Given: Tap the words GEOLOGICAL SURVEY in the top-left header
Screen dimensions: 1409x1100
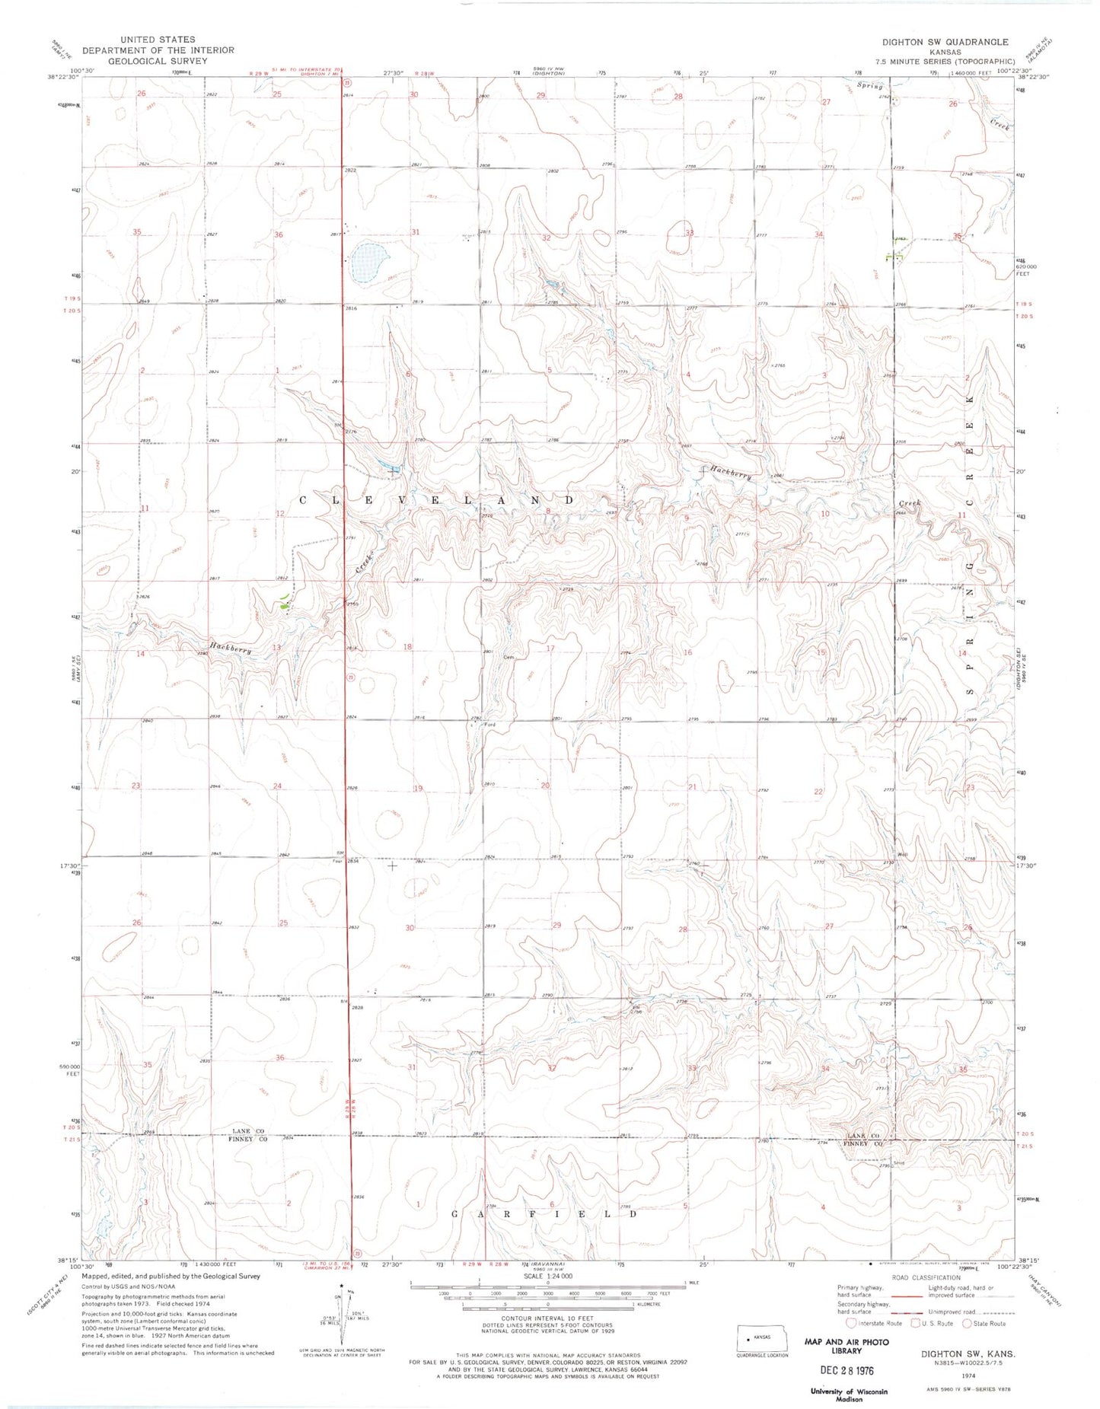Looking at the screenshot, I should click(158, 61).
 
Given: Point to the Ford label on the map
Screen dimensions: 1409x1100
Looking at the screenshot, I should click(490, 725).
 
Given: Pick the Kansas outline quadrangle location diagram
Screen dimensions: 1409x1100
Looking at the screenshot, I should click(761, 1337).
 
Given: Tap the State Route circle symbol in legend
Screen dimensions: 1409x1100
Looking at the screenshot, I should click(968, 1323).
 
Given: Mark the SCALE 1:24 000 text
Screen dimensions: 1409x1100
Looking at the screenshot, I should click(547, 1277).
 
